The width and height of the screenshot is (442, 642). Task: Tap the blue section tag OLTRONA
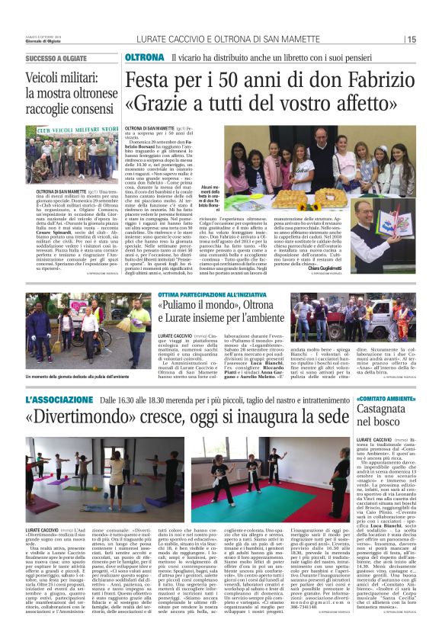143,58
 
